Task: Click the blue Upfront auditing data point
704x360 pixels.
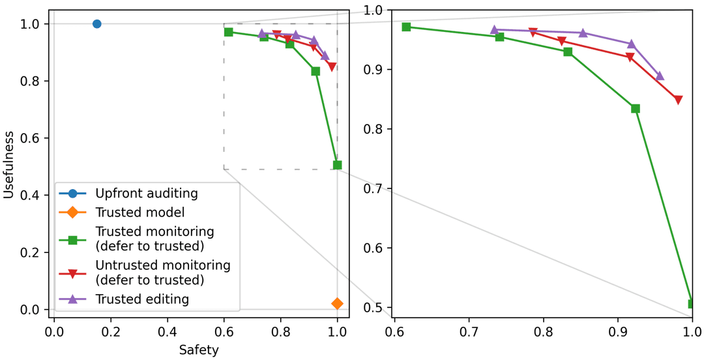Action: click(96, 24)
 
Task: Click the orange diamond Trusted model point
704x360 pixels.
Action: click(337, 303)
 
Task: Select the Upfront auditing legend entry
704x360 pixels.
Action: click(146, 193)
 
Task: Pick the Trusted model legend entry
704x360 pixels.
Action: click(139, 212)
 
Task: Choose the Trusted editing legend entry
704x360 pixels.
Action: click(142, 299)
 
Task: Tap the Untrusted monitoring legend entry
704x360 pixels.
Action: click(162, 273)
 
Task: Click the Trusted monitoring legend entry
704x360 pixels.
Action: click(154, 239)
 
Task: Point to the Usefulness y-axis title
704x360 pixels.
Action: click(8, 164)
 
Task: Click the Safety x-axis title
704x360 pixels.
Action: click(199, 350)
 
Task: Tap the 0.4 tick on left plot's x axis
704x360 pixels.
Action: click(168, 332)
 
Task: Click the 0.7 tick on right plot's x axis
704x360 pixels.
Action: click(468, 332)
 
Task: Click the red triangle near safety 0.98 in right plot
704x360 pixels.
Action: click(678, 100)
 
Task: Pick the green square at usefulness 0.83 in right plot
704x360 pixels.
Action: click(636, 109)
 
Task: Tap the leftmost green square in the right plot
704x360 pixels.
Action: click(406, 27)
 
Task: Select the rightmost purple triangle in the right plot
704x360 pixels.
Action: click(660, 76)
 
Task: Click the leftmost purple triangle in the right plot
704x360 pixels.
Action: click(494, 30)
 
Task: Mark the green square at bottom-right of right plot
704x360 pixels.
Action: click(692, 304)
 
